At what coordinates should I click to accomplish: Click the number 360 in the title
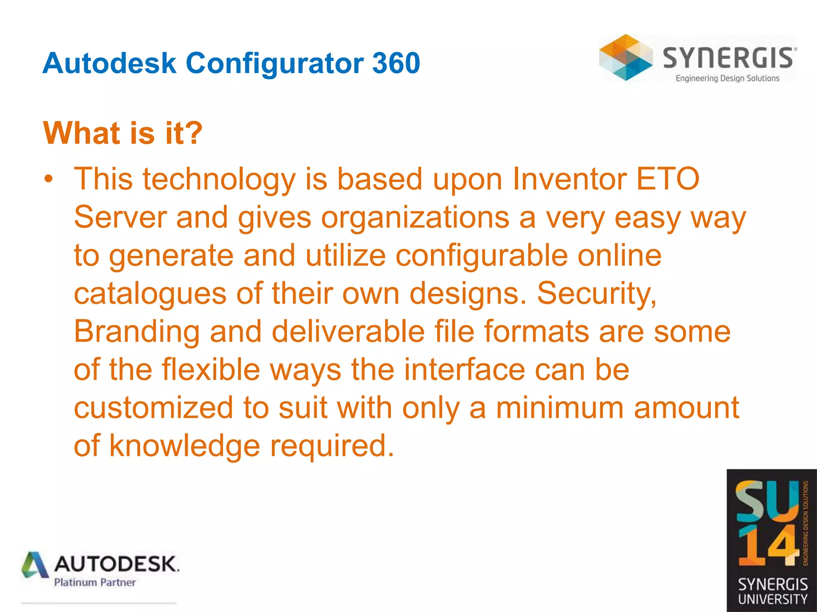click(396, 63)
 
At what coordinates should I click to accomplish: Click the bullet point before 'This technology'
click(49, 179)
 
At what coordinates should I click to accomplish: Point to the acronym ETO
click(667, 179)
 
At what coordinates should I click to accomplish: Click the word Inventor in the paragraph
click(569, 179)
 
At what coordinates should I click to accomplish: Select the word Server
click(120, 217)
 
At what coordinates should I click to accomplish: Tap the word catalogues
click(150, 294)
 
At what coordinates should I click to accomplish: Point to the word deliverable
click(348, 331)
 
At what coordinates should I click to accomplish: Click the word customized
click(154, 408)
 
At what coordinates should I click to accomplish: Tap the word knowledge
click(185, 446)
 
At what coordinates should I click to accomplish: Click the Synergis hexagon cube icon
click(625, 57)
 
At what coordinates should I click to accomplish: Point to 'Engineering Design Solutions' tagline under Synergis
click(727, 78)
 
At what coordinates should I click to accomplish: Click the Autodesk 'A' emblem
click(35, 565)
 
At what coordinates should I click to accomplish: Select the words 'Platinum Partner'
click(95, 583)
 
